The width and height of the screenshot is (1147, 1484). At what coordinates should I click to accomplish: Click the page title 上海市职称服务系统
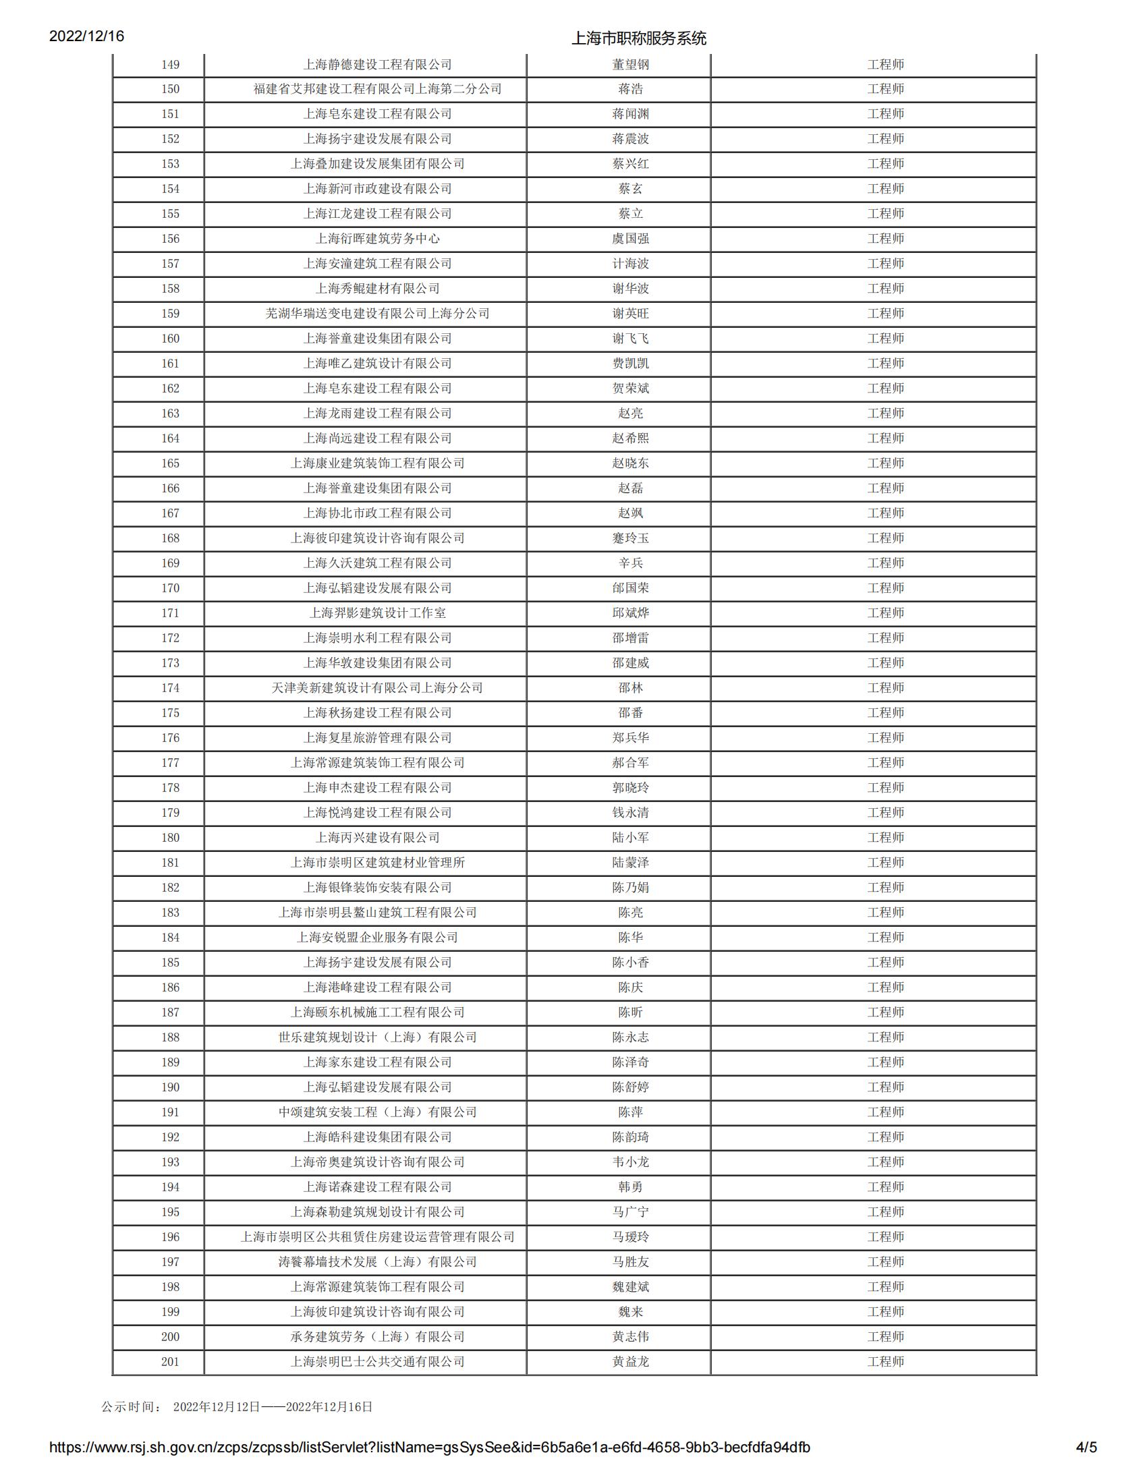[x=638, y=38]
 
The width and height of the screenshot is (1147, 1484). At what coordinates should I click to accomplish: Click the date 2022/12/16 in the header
[x=86, y=36]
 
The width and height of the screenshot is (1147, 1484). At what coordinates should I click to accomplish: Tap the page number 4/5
[x=1086, y=1448]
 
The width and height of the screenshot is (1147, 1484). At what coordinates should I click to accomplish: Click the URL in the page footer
[x=429, y=1448]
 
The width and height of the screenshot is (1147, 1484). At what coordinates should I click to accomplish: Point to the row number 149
[x=170, y=65]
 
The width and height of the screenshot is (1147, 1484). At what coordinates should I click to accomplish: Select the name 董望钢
[x=630, y=65]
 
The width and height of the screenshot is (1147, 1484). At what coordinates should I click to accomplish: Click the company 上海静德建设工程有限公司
[x=377, y=65]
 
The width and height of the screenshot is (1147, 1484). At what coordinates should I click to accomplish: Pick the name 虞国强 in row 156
[x=630, y=239]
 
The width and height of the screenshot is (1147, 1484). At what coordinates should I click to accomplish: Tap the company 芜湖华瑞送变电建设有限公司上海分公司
[x=377, y=313]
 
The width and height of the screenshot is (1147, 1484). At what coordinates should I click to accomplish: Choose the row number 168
[x=170, y=538]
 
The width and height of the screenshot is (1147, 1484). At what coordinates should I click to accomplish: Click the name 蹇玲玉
[x=630, y=538]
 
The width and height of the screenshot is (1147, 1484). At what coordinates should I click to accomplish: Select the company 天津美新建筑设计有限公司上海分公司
[x=377, y=687]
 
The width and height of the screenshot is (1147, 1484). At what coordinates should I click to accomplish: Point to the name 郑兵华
[x=630, y=738]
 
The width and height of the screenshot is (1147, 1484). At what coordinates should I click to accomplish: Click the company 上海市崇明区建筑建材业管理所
[x=377, y=862]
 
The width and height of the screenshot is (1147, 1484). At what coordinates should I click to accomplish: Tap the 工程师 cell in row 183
[x=885, y=913]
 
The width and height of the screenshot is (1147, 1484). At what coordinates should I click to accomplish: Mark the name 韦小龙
[x=630, y=1162]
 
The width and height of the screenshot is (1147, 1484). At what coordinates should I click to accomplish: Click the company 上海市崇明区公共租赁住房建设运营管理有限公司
[x=377, y=1236]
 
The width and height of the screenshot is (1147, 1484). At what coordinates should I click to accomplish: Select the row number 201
[x=170, y=1362]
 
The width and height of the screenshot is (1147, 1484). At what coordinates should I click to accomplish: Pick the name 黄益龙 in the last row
[x=630, y=1362]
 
